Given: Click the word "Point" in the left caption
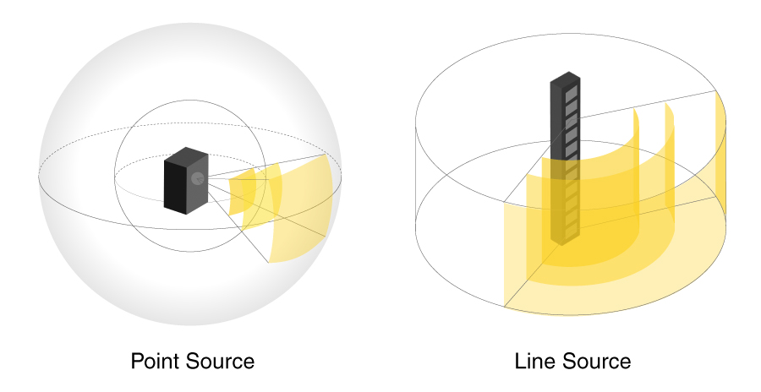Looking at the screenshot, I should (158, 362).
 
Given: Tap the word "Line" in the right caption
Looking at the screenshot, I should (535, 362).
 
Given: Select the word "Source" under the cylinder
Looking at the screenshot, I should (599, 362).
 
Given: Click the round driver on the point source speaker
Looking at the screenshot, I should (196, 178).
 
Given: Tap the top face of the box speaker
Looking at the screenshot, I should (188, 155).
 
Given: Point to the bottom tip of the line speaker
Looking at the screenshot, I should (561, 242).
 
